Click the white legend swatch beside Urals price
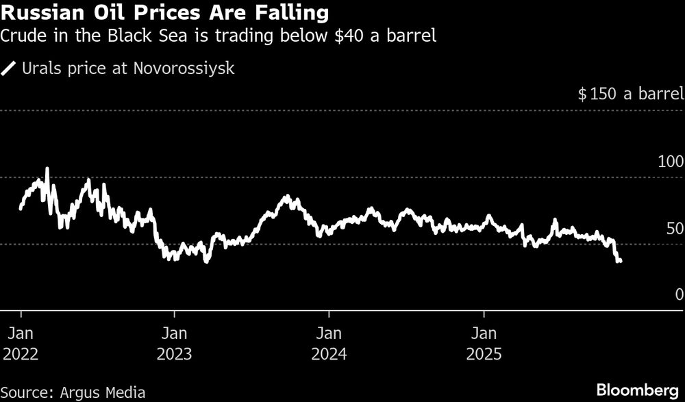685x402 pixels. (x=10, y=68)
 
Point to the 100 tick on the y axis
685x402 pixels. (x=670, y=162)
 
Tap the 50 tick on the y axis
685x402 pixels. (x=675, y=228)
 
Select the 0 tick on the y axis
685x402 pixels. (x=679, y=294)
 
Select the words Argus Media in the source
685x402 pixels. (x=101, y=392)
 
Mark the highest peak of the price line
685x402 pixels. (x=47, y=168)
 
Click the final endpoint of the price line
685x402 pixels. (x=620, y=261)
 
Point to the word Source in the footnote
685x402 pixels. (x=25, y=392)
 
